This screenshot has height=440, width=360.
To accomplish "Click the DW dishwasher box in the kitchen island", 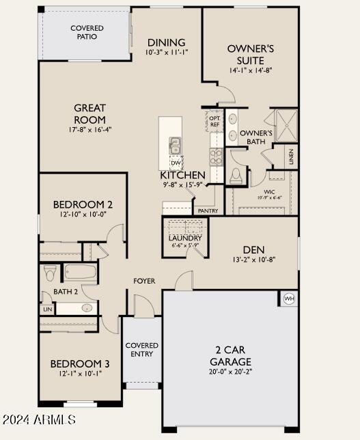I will click(176, 163).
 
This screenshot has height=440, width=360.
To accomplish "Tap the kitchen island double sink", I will click(175, 146).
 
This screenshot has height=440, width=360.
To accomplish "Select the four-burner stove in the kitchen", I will click(216, 157).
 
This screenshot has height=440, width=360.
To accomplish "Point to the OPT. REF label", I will click(214, 121).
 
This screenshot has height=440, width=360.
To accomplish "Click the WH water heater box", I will click(288, 299).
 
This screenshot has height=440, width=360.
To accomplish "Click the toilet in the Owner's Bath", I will click(236, 176).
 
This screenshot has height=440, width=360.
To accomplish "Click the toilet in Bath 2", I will click(50, 273).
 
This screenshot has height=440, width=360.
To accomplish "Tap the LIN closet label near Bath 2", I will click(47, 310).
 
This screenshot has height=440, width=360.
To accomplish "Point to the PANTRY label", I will click(208, 211).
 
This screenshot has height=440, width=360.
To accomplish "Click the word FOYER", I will click(144, 281).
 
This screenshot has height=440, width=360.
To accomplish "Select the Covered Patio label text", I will click(87, 32).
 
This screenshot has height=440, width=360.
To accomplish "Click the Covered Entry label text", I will click(142, 350).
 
